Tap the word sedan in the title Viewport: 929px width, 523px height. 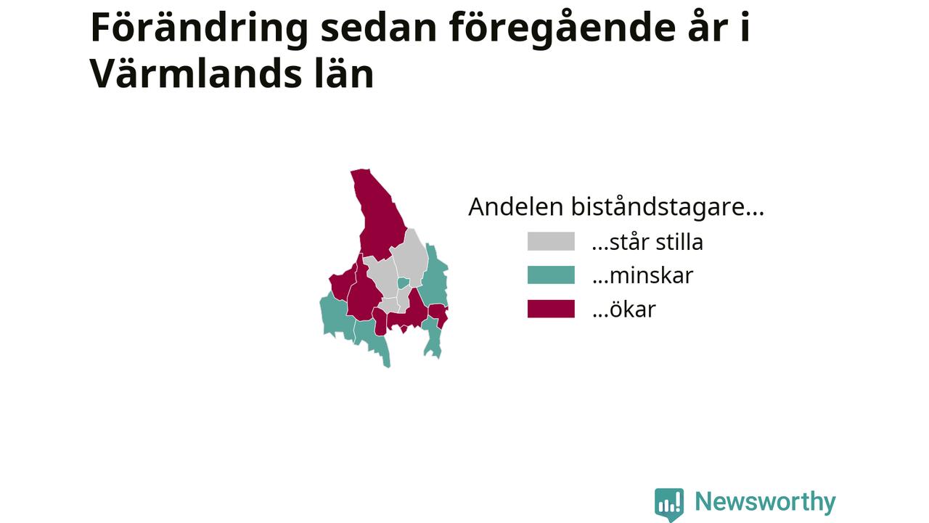379,28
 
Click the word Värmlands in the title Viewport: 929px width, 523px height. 195,73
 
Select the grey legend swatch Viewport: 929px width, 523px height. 551,241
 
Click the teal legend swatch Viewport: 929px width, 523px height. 551,275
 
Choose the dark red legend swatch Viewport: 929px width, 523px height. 551,309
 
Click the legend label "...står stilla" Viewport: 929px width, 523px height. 647,242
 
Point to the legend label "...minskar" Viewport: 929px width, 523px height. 642,275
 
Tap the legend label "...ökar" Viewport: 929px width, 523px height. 623,309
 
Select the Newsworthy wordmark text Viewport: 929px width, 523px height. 765,502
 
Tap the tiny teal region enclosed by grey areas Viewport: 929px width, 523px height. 403,283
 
